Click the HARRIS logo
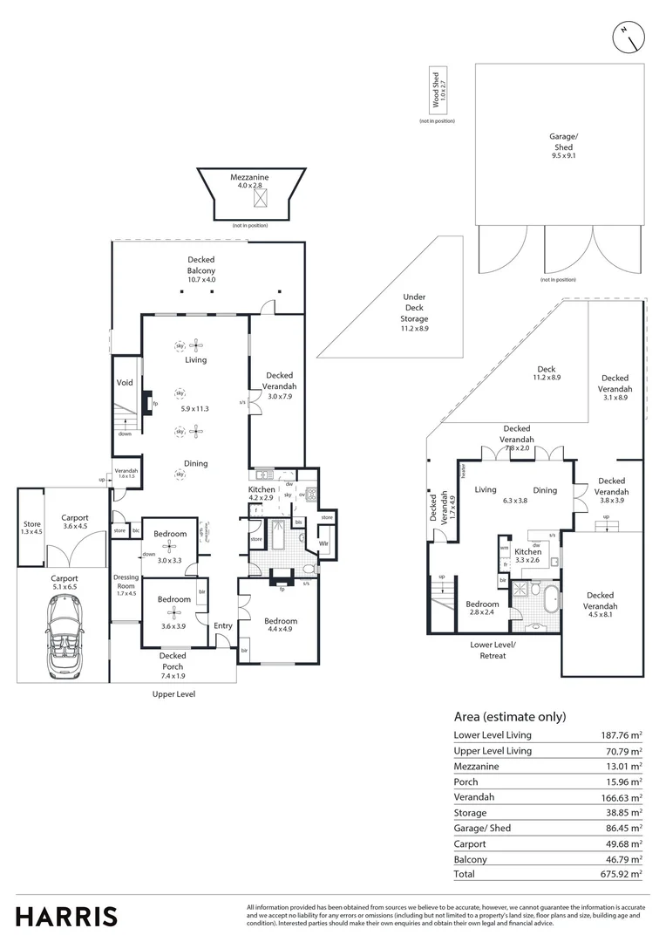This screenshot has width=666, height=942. click(x=66, y=916)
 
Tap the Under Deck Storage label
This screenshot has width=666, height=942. click(x=414, y=313)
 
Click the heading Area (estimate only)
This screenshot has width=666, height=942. click(x=510, y=717)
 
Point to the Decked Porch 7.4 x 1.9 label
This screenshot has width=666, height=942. click(x=173, y=660)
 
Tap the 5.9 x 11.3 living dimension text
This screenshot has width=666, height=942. click(x=196, y=408)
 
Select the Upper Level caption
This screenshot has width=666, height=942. click(x=173, y=694)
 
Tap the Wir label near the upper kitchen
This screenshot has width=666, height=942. click(x=323, y=544)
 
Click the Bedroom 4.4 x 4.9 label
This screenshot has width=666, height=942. click(x=280, y=625)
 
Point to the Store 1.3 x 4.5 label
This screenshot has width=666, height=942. click(x=31, y=528)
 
